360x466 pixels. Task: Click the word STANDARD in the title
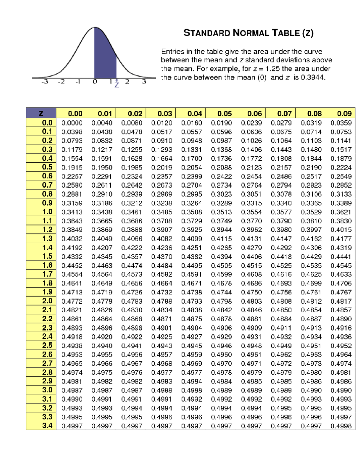pyautogui.click(x=207, y=33)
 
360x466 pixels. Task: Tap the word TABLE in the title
pyautogui.click(x=286, y=33)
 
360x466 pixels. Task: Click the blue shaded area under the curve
pyautogui.click(x=104, y=57)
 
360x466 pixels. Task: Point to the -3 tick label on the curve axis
pyautogui.click(x=45, y=82)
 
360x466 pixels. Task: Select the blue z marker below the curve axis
pyautogui.click(x=117, y=84)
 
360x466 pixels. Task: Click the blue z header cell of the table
pyautogui.click(x=41, y=113)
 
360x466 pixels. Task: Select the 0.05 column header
pyautogui.click(x=224, y=113)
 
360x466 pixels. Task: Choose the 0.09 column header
pyautogui.click(x=344, y=113)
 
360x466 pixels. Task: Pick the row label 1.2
pyautogui.click(x=47, y=230)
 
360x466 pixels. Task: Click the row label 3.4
pyautogui.click(x=47, y=425)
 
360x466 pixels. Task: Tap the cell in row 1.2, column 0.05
pyautogui.click(x=221, y=230)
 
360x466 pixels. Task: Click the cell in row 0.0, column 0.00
pyautogui.click(x=72, y=123)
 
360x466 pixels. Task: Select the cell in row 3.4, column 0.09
pyautogui.click(x=341, y=426)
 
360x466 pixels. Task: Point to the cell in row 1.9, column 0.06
pyautogui.click(x=251, y=292)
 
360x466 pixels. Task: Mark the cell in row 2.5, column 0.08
pyautogui.click(x=311, y=346)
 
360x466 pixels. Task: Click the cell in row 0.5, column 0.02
pyautogui.click(x=132, y=167)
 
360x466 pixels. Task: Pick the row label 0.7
pyautogui.click(x=47, y=185)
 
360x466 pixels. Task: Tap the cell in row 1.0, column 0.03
pyautogui.click(x=162, y=212)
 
